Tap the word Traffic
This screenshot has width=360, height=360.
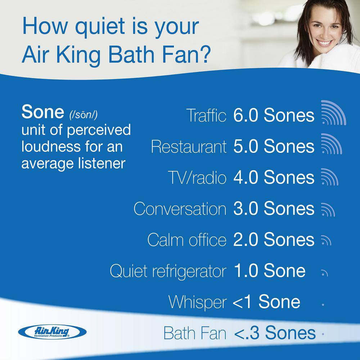206,116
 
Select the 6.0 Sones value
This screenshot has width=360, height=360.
274,116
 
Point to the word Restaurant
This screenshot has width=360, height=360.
189,147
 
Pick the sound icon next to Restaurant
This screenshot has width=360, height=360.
331,144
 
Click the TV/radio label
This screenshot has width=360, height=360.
197,178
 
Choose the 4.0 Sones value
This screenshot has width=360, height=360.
274,177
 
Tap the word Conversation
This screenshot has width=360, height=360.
180,209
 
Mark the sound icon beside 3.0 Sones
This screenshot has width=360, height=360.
327,209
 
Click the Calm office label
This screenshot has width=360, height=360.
187,240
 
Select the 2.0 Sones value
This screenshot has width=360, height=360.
274,240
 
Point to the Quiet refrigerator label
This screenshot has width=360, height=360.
168,271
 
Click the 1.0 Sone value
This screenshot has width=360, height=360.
269,271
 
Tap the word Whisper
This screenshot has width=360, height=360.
198,302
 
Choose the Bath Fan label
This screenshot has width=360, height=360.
195,333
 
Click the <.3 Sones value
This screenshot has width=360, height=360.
275,333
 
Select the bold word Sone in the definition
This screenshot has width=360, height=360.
42,113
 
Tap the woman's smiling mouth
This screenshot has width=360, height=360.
324,44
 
